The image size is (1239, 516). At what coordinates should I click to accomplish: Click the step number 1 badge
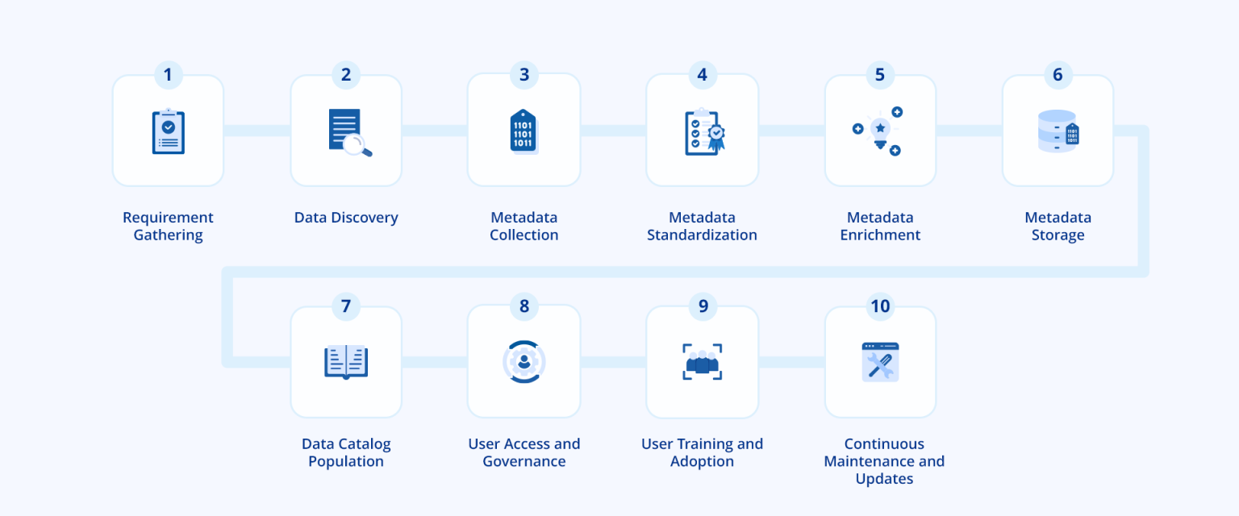point(168,75)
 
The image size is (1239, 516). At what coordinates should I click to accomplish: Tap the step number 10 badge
point(880,306)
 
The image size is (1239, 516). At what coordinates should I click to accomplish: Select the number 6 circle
point(1058,75)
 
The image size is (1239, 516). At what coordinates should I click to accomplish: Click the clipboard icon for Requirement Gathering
point(168,132)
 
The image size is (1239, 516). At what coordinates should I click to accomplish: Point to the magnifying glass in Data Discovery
point(357,145)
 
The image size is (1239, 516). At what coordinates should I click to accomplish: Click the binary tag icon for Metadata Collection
point(523,131)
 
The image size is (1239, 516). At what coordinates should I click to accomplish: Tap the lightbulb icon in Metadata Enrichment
point(880,131)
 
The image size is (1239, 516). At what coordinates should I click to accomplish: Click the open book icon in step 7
point(346,362)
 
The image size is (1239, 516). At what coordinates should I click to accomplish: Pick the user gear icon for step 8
point(524,362)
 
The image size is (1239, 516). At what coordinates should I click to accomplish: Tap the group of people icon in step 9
point(702,363)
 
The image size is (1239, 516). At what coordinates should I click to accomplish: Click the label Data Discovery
point(346,218)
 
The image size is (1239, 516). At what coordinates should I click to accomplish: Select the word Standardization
point(702,235)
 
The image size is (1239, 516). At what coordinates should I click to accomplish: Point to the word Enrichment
point(880,235)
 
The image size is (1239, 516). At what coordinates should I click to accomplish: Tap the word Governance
point(524,462)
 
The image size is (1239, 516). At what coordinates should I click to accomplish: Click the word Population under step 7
point(346,462)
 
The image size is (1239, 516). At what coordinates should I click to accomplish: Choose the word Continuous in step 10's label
point(884,444)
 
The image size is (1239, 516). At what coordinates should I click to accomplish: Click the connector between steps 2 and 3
point(434,131)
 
